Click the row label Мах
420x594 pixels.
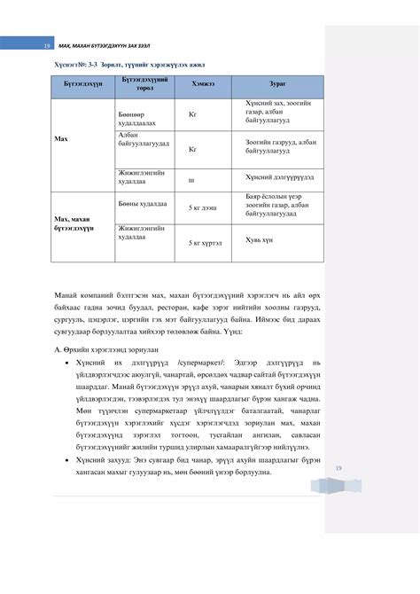tap(60, 138)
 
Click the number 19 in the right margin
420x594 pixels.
tap(337, 469)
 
